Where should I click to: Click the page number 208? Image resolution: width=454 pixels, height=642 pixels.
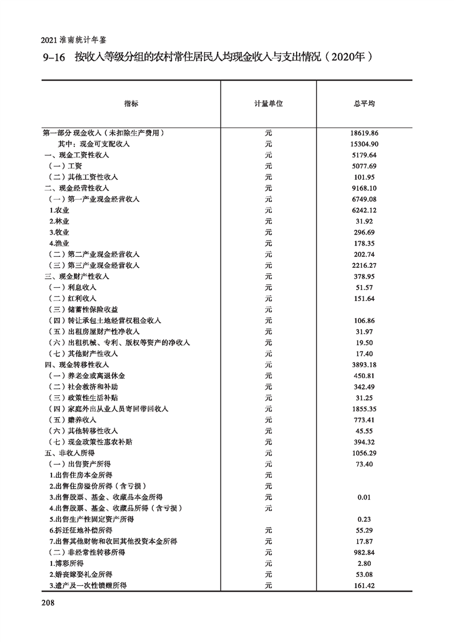pyautogui.click(x=48, y=603)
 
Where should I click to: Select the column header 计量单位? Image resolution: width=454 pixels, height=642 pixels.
pyautogui.click(x=269, y=104)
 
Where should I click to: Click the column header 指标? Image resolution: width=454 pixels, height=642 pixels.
pyautogui.click(x=131, y=104)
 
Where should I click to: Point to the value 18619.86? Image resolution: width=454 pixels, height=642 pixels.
pyautogui.click(x=364, y=133)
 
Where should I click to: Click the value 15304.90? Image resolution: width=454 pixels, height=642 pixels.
pyautogui.click(x=364, y=144)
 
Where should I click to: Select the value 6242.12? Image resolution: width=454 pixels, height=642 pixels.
pyautogui.click(x=364, y=210)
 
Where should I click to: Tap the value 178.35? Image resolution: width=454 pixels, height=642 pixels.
pyautogui.click(x=364, y=243)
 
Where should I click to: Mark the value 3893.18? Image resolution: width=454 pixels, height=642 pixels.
pyautogui.click(x=364, y=364)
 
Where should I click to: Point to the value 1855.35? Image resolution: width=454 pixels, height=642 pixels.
pyautogui.click(x=364, y=409)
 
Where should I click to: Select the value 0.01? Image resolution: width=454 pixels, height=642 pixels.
pyautogui.click(x=364, y=497)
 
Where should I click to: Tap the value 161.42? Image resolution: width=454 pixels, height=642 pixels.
pyautogui.click(x=364, y=585)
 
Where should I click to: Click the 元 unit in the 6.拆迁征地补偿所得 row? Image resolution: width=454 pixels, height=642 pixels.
pyautogui.click(x=269, y=530)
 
